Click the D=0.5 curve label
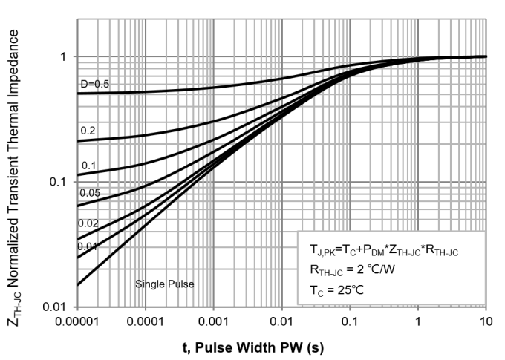[x=94, y=85]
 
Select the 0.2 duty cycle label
[x=88, y=131]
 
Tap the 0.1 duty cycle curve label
[x=88, y=166]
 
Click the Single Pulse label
[x=162, y=284]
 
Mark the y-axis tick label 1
[x=64, y=56]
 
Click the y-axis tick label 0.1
[x=59, y=182]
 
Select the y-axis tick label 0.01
[x=57, y=307]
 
